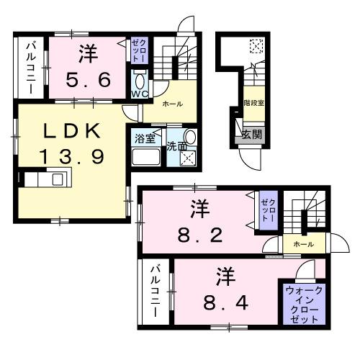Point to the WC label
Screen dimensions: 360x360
click(x=139, y=94)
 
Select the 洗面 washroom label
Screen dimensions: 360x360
click(x=176, y=146)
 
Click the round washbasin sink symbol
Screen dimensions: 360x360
click(x=190, y=137)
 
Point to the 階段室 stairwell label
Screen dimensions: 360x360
click(x=253, y=103)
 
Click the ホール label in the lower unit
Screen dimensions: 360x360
click(x=303, y=245)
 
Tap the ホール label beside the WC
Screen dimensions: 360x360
click(x=172, y=104)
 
